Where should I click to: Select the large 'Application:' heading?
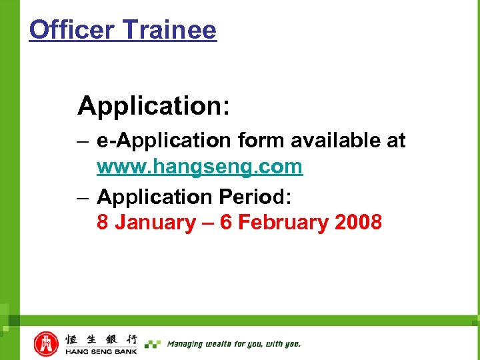point(154,105)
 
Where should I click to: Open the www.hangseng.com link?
point(199,167)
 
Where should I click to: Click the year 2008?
point(359,222)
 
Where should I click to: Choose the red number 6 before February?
point(225,222)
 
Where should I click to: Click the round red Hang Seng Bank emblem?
point(46,344)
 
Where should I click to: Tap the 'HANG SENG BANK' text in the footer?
point(101,351)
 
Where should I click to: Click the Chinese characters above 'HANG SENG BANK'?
point(101,339)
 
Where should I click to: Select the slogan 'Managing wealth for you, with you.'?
point(233,344)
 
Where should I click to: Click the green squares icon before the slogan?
point(153,344)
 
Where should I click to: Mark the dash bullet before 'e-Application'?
point(83,141)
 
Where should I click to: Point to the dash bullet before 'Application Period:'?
point(83,197)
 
